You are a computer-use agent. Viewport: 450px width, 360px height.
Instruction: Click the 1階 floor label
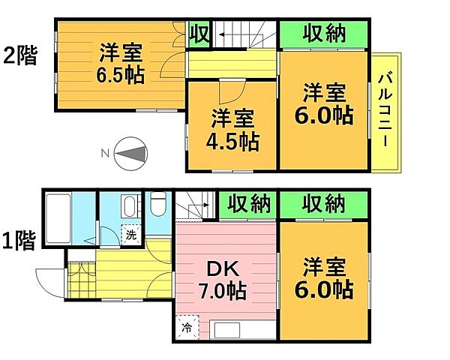click(19, 241)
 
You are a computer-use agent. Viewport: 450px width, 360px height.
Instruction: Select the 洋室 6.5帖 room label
click(120, 64)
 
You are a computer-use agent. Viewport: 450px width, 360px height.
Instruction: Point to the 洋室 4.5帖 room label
click(233, 129)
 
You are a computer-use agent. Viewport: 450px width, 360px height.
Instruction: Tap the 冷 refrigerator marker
click(186, 327)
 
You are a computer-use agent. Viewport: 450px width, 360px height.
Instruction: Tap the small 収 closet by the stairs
click(199, 34)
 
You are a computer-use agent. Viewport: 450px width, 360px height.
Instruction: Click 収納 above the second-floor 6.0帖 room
click(323, 34)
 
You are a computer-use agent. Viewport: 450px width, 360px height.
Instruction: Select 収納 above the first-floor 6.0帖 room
click(323, 203)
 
